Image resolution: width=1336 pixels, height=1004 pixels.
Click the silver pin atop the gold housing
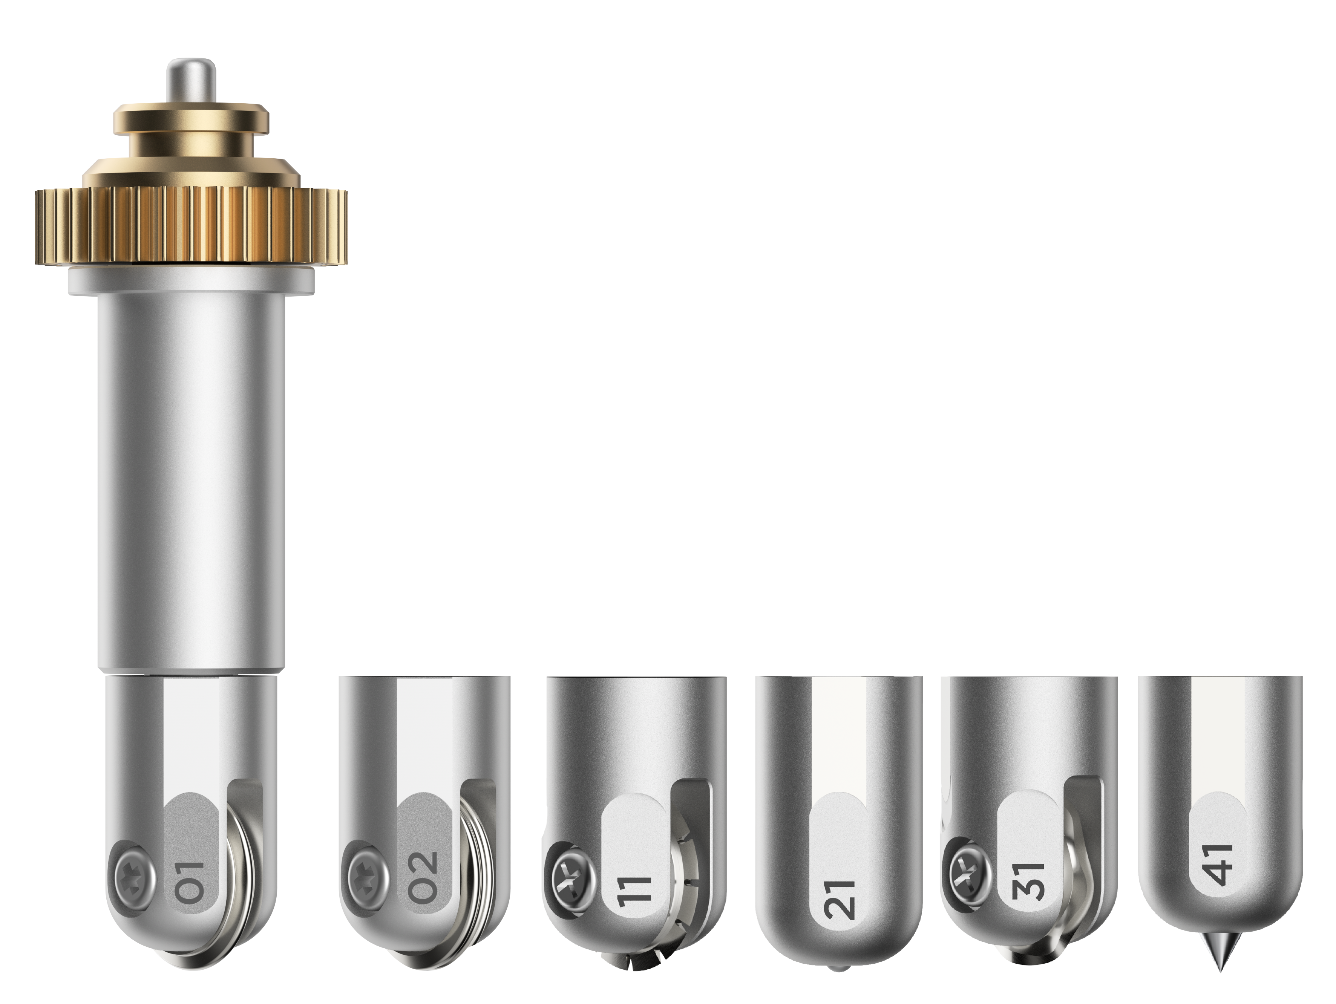(x=192, y=81)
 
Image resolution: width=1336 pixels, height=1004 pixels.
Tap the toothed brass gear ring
(x=191, y=227)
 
